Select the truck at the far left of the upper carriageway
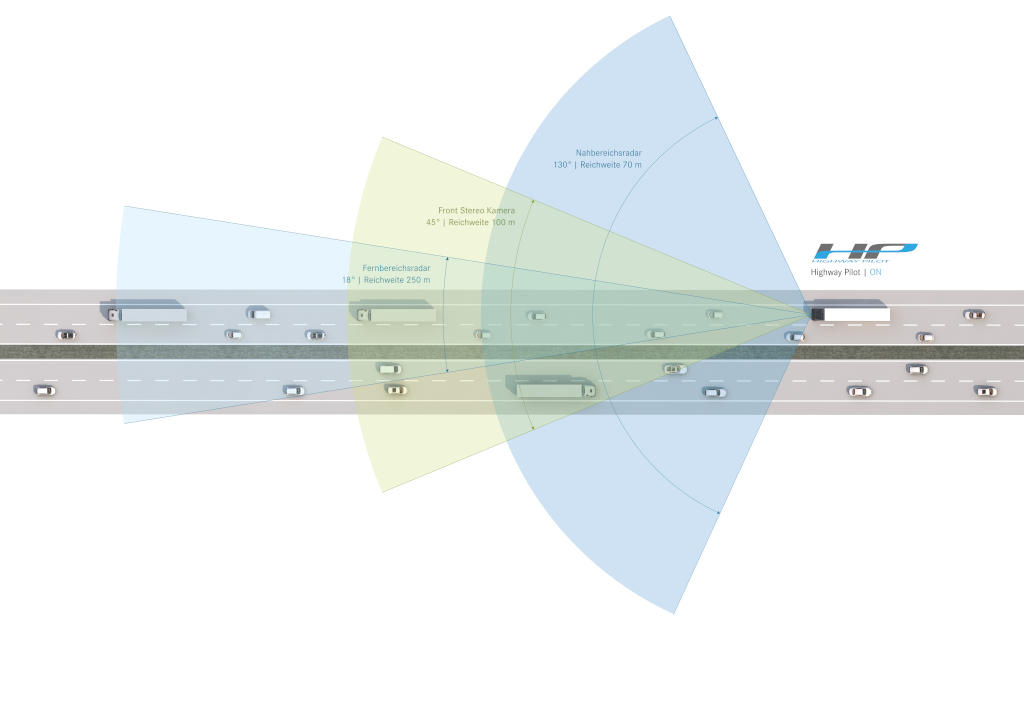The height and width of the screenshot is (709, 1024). click(x=144, y=312)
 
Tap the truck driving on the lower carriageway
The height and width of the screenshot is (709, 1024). click(x=551, y=386)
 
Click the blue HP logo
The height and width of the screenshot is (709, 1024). click(x=865, y=252)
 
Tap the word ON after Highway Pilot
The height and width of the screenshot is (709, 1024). click(x=876, y=272)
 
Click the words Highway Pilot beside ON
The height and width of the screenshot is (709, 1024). click(x=835, y=272)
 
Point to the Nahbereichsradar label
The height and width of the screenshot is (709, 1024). click(x=608, y=153)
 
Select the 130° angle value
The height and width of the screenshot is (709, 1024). click(x=562, y=164)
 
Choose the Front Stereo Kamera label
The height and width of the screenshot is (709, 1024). click(x=477, y=211)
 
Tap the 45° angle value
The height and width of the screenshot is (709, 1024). click(x=433, y=222)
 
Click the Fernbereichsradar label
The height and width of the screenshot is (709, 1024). click(x=396, y=268)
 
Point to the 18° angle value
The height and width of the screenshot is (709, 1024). click(x=349, y=280)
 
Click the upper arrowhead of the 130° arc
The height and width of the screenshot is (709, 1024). click(x=716, y=117)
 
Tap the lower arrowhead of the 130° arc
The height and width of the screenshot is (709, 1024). click(x=717, y=512)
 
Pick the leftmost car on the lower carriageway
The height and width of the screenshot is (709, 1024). click(x=44, y=390)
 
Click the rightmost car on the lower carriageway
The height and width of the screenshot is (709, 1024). click(x=984, y=390)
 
